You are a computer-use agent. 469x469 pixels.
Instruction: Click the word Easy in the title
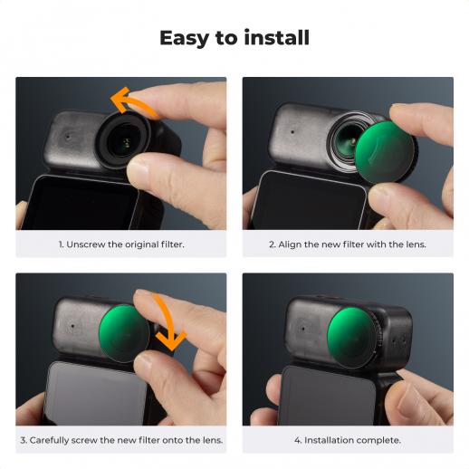[x=184, y=38]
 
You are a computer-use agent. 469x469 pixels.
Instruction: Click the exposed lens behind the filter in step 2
[x=346, y=141]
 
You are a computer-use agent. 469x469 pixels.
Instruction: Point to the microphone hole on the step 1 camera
[x=68, y=137]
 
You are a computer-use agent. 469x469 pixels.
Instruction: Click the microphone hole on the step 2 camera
[x=292, y=132]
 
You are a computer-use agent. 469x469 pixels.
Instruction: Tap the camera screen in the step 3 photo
[x=96, y=393]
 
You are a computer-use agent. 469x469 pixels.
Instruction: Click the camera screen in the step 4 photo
[x=328, y=397]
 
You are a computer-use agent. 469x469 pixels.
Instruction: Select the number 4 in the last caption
[x=297, y=441]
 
